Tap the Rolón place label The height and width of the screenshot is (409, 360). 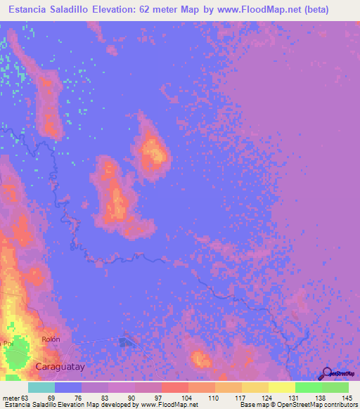point(51,340)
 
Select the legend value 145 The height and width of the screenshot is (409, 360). point(346,397)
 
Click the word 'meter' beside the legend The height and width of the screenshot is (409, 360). point(10,397)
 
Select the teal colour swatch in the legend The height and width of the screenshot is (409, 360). point(41,387)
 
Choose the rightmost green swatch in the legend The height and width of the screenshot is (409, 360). point(335,387)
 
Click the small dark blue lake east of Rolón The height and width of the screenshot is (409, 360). point(127,342)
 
